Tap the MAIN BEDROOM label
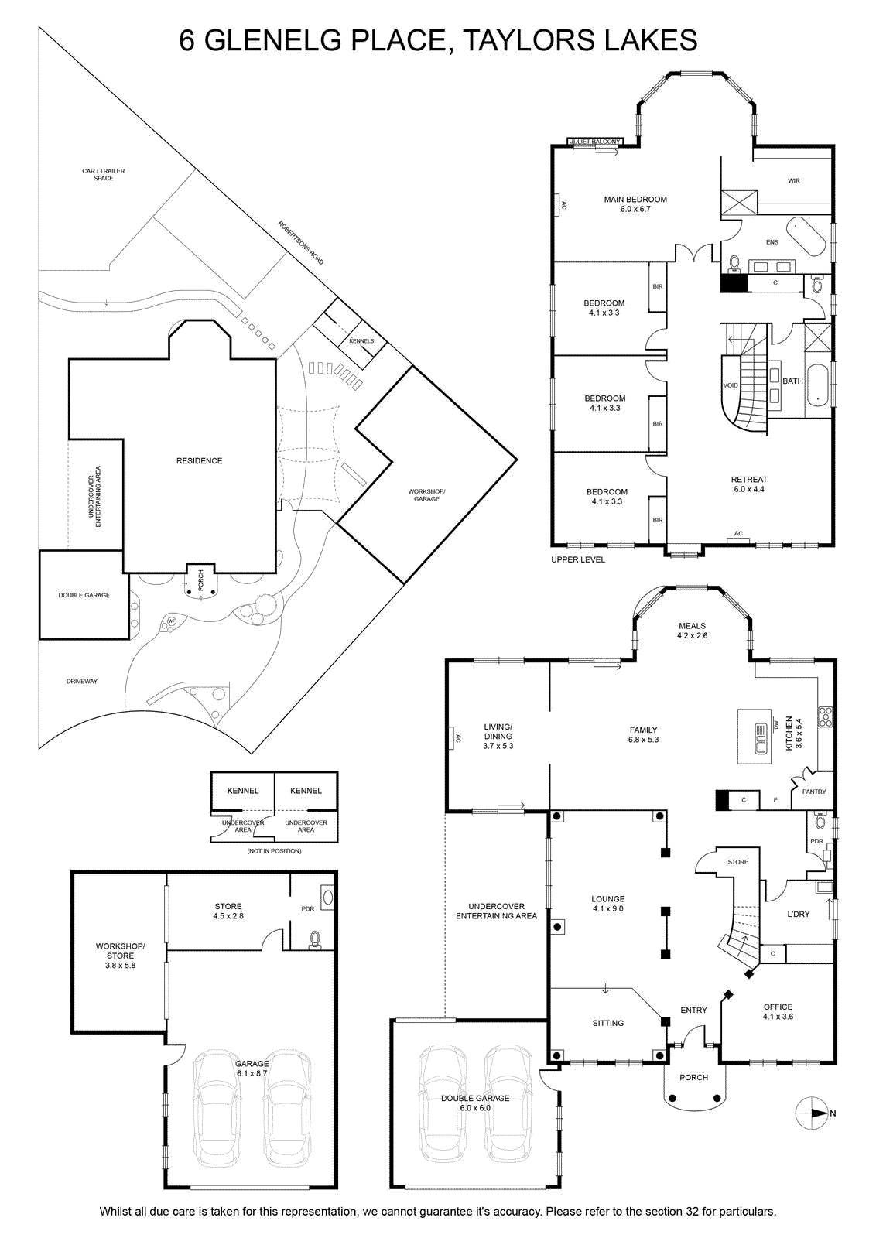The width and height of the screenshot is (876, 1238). click(635, 200)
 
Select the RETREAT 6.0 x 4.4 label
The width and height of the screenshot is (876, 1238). click(749, 484)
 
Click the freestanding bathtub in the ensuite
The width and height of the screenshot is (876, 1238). click(806, 237)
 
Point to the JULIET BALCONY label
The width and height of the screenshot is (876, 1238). click(594, 142)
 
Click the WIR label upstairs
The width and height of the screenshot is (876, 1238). click(794, 181)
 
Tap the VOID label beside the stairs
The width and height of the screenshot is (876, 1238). click(731, 385)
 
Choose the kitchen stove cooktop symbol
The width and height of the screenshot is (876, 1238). click(825, 716)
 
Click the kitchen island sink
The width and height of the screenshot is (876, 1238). click(761, 739)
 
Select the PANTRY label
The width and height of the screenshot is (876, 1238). click(814, 792)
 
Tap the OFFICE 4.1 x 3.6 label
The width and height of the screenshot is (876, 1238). click(778, 1011)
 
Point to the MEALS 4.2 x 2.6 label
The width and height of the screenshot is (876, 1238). click(692, 631)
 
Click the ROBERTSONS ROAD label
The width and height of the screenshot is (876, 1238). click(300, 243)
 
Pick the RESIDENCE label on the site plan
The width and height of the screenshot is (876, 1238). click(200, 461)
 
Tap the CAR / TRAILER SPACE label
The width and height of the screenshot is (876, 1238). click(104, 175)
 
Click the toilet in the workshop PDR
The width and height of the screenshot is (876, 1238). click(315, 939)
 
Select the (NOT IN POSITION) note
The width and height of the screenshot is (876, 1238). click(274, 851)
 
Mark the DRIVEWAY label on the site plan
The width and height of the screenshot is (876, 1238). click(82, 682)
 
